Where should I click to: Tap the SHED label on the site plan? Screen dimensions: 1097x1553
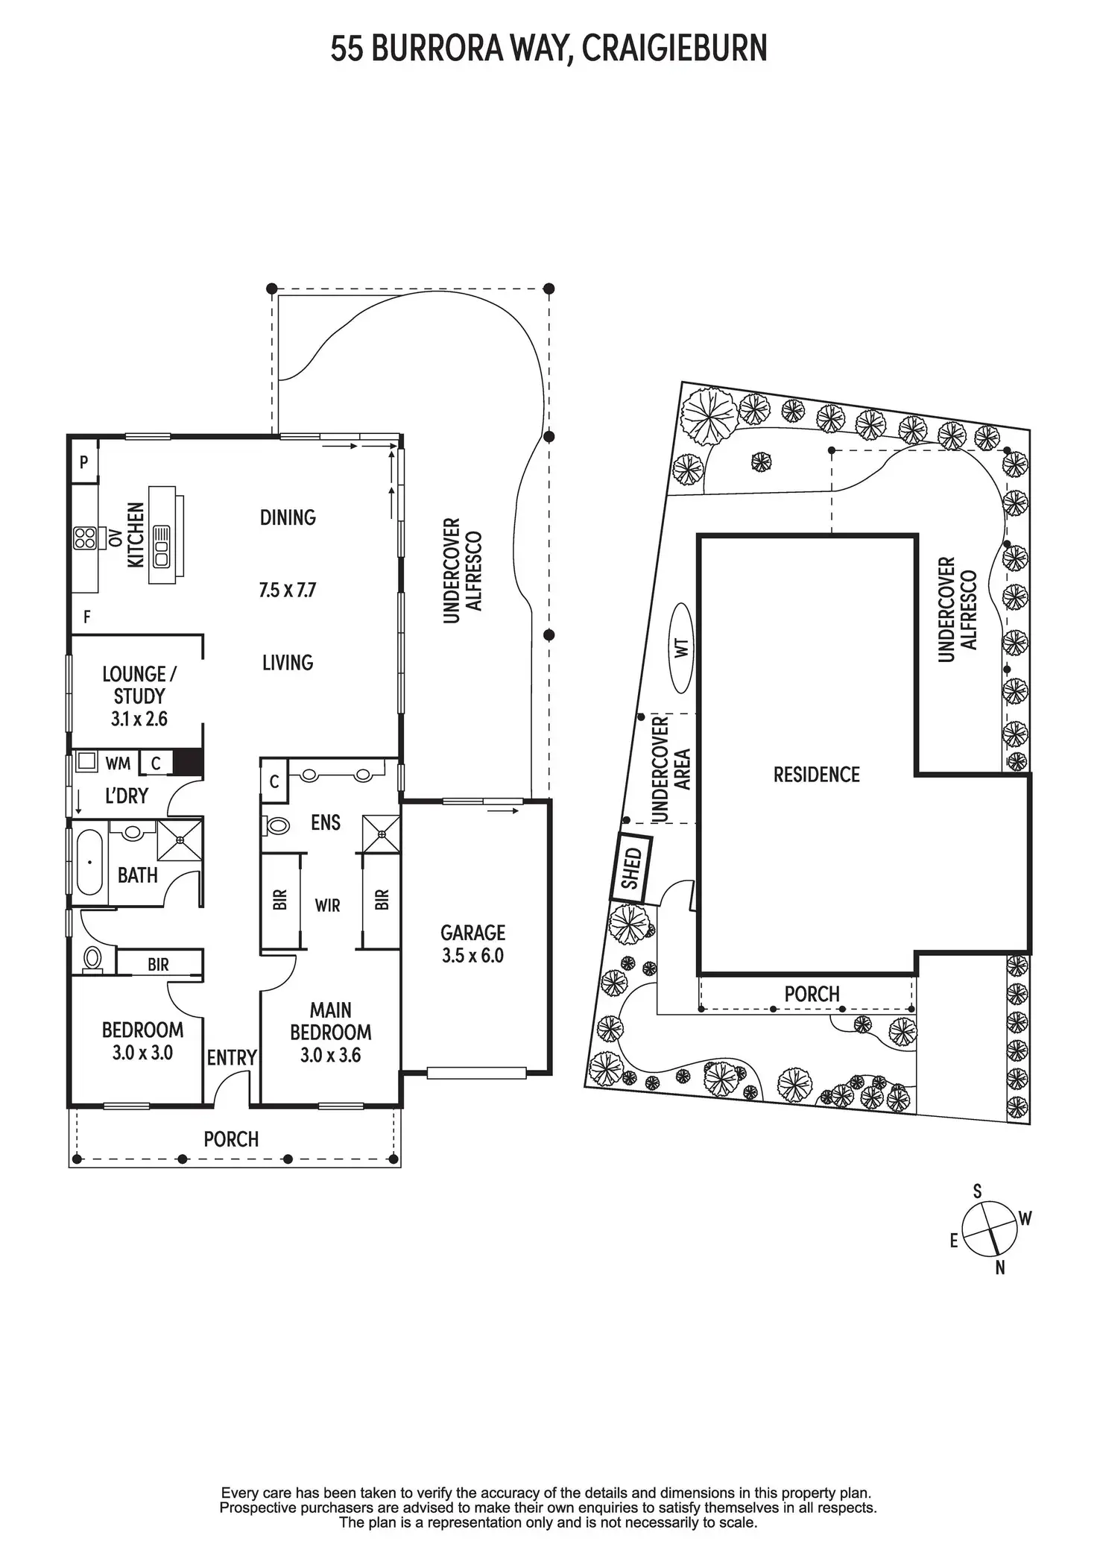pos(631,869)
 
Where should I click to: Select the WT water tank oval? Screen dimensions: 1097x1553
pos(682,647)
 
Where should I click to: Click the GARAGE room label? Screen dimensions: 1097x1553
pos(472,933)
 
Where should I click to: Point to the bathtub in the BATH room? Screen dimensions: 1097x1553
pos(89,863)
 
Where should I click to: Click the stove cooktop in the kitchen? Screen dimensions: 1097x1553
pos(84,538)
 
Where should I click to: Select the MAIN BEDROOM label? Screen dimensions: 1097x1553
pos(330,1021)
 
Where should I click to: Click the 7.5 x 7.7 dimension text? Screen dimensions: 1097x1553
pos(288,590)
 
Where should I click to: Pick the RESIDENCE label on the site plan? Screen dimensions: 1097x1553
pos(816,775)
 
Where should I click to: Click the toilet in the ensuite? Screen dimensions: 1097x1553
pos(277,825)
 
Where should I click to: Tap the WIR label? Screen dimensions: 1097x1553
pos(327,905)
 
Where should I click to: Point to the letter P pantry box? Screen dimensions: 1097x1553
pos(84,462)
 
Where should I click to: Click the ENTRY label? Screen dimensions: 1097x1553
pos(232,1057)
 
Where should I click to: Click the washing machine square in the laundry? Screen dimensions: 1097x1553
pos(87,761)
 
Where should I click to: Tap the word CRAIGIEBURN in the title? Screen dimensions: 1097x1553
pos(674,49)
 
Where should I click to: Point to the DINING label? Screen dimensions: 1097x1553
pos(288,517)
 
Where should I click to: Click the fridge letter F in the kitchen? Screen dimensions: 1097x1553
pos(87,617)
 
